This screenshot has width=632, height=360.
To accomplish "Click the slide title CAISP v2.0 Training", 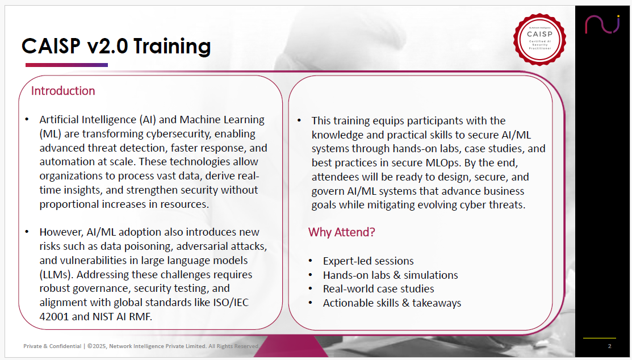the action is (116, 46).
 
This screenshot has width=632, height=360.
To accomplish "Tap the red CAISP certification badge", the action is (539, 39).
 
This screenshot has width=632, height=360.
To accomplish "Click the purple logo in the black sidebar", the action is (602, 24).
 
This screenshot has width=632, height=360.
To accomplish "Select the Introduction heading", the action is (63, 91).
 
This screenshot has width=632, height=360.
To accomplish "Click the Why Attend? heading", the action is (341, 232).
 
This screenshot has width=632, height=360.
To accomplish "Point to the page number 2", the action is (609, 346).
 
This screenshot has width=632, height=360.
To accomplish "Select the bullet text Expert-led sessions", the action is (369, 261).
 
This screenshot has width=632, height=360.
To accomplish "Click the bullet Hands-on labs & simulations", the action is (391, 275).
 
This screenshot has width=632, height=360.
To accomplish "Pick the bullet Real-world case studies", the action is (379, 288).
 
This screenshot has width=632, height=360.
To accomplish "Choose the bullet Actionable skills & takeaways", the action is (392, 303).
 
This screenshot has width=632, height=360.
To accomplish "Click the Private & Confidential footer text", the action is (52, 346).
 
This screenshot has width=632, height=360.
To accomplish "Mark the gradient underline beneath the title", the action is (66, 65).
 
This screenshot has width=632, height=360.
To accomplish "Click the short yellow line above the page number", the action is (600, 338).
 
